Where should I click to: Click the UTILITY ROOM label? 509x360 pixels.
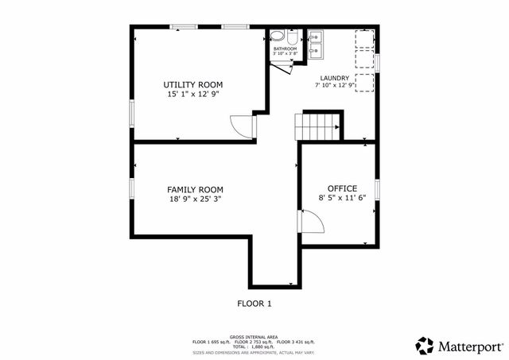(x=193, y=84)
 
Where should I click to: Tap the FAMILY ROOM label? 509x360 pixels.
(x=195, y=189)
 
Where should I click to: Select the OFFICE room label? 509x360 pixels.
(x=341, y=188)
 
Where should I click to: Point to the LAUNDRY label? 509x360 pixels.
(x=335, y=78)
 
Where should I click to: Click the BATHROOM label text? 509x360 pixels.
(x=285, y=49)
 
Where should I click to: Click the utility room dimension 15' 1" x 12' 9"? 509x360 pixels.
(x=193, y=94)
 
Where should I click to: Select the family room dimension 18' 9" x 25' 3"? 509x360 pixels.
(x=195, y=199)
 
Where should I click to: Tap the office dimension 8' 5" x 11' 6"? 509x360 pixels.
(x=341, y=198)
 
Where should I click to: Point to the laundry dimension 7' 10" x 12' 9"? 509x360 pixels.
(x=335, y=85)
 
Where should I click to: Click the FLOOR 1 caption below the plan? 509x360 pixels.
(x=254, y=303)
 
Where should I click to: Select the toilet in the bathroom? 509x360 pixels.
(x=277, y=37)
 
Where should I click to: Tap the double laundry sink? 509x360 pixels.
(x=315, y=45)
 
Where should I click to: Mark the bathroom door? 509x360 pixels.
(x=282, y=67)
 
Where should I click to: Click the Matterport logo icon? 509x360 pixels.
(x=425, y=346)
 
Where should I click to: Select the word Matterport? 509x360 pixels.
(x=470, y=346)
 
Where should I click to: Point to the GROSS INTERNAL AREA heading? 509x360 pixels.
(x=254, y=337)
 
